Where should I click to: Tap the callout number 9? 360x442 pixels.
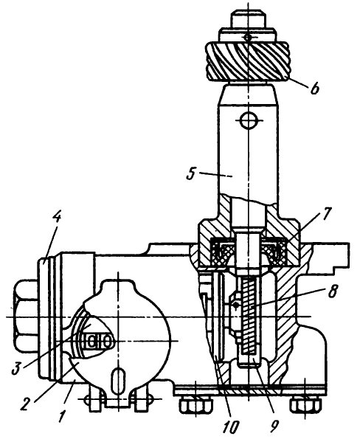[274, 427]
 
